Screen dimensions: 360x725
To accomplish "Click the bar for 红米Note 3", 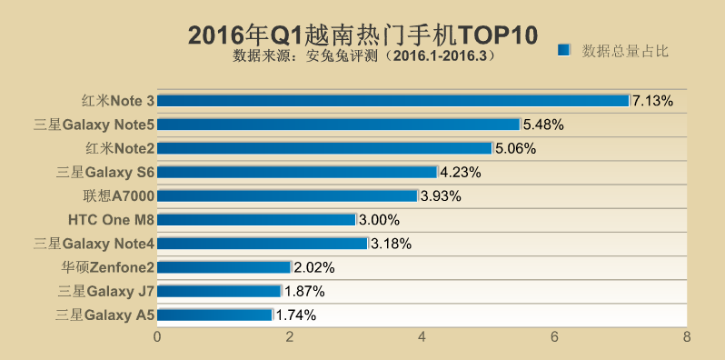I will click(x=393, y=100).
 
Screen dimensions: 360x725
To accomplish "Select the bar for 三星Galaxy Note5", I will click(x=339, y=124).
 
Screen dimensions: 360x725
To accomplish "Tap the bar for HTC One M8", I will click(x=256, y=219).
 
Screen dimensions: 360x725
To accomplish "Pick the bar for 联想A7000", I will click(x=287, y=195).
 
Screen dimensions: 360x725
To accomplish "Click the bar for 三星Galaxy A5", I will click(x=214, y=315).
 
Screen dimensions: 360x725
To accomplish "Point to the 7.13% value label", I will click(x=652, y=100).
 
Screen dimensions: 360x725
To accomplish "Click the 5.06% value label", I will click(x=516, y=148).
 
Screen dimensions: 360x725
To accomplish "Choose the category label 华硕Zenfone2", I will click(x=107, y=267).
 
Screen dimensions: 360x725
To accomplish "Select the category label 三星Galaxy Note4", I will click(x=94, y=244).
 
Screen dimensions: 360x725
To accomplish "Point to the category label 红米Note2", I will click(x=118, y=148).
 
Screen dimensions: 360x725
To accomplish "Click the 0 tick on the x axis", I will click(x=157, y=337).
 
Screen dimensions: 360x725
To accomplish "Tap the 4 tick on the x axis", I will click(x=422, y=337).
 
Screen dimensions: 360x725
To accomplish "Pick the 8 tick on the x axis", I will click(x=686, y=337).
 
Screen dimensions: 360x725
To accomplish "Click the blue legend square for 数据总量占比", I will click(x=563, y=51).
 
